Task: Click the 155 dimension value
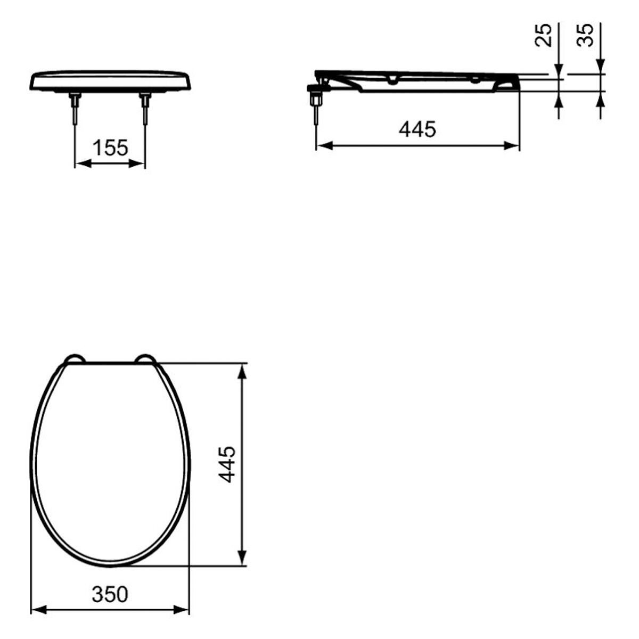110,148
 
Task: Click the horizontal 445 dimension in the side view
417,129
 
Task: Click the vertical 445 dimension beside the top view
228,464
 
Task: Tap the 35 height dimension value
586,35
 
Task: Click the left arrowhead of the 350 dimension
37,608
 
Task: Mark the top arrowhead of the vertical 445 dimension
242,371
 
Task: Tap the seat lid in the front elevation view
110,80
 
